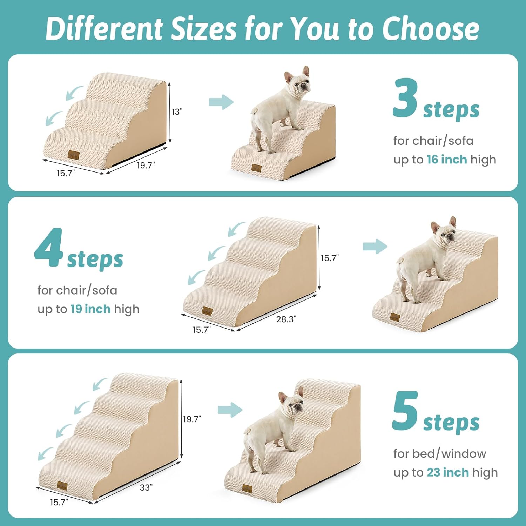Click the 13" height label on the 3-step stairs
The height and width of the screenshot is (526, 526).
177,112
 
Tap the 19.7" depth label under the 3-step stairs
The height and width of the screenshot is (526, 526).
146,165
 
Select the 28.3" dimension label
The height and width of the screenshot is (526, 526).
286,319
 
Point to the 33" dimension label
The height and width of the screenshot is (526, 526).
146,487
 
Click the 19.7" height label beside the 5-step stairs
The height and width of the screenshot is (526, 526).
192,419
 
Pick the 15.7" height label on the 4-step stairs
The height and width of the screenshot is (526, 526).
330,258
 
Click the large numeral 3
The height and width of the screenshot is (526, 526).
405,99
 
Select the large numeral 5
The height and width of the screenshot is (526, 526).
405,411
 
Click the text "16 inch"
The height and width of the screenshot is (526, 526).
446,160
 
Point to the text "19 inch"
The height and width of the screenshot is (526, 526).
90,309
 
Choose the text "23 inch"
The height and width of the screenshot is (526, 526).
447,473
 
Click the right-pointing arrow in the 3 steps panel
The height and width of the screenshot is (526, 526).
221,102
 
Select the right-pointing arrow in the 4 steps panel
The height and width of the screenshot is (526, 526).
375,246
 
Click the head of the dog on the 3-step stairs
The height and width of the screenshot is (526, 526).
298,85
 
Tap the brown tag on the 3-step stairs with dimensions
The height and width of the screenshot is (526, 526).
74,155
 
